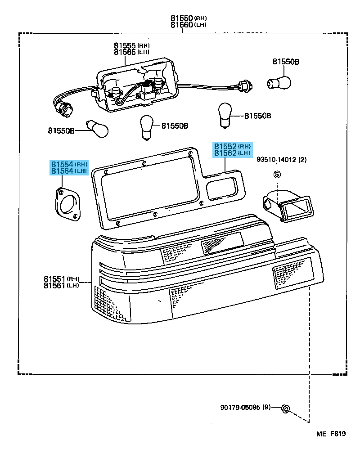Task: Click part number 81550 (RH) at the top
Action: [x=188, y=18]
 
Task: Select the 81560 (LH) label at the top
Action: [x=188, y=25]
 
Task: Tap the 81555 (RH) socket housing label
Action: [x=131, y=45]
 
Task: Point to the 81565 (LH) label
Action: [x=131, y=52]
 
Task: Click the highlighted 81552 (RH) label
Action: [x=232, y=147]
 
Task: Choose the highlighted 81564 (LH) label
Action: [x=69, y=171]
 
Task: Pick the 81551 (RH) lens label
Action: [x=62, y=279]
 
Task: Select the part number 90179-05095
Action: [x=245, y=408]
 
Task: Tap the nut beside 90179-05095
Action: [x=285, y=409]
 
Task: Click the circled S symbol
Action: [x=277, y=174]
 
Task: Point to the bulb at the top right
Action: [x=279, y=81]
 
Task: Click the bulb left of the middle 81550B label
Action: [x=147, y=126]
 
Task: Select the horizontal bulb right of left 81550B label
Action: [x=98, y=130]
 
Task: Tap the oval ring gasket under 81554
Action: [x=68, y=205]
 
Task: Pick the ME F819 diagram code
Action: [x=331, y=434]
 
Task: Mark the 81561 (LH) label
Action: [x=62, y=286]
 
